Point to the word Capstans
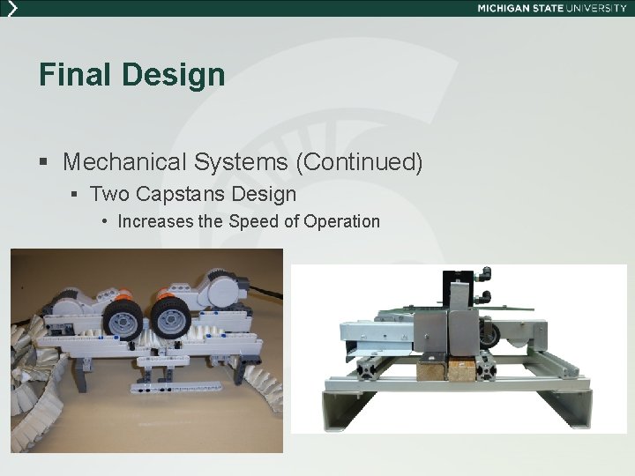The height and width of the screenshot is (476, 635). (170, 192)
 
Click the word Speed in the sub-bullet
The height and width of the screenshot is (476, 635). (252, 221)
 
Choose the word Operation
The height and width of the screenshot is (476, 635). (341, 221)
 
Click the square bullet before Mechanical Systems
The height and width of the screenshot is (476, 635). (44, 163)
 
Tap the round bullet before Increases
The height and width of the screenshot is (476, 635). (104, 221)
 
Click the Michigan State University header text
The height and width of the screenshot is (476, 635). (552, 8)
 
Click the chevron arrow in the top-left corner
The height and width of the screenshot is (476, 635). (11, 8)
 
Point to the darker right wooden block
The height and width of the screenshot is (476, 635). (461, 368)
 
